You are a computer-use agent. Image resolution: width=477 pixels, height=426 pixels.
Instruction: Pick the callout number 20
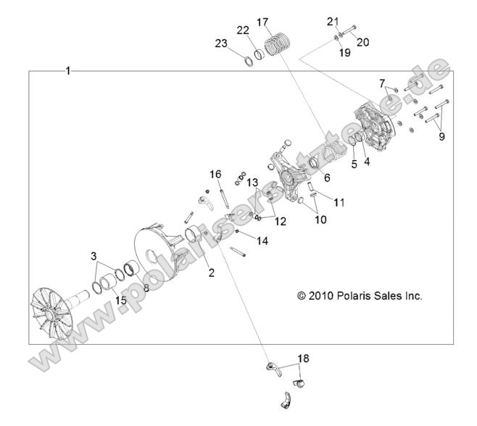362,42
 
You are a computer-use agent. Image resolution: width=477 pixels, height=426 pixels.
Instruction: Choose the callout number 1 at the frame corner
67,71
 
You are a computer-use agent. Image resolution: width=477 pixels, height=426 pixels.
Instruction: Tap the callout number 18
303,358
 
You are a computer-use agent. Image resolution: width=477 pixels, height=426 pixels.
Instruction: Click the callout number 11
339,202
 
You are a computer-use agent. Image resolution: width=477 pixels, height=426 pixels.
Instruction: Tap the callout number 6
327,176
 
